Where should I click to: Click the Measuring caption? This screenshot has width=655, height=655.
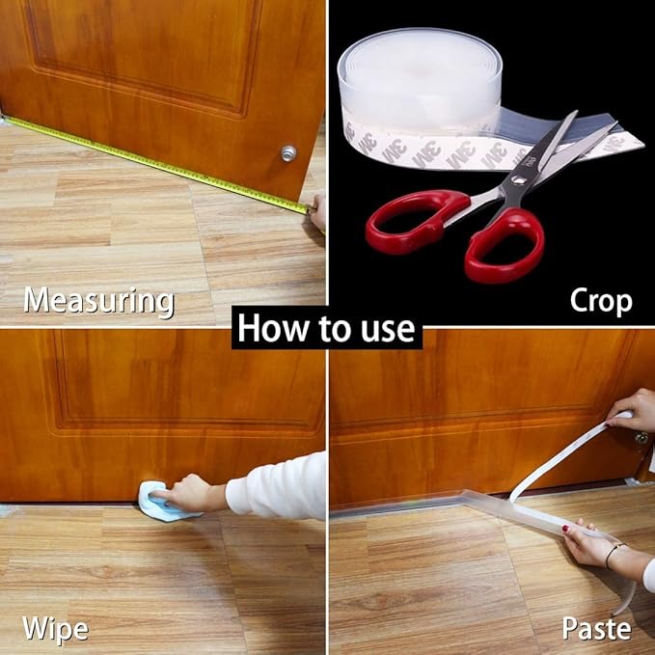[x=98, y=300]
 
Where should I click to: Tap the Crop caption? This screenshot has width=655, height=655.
[x=600, y=300]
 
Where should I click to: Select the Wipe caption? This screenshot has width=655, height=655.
[x=55, y=630]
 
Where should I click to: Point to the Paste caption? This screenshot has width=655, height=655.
[x=596, y=630]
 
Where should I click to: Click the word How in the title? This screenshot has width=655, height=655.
[x=269, y=329]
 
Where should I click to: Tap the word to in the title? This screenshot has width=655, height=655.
[x=329, y=330]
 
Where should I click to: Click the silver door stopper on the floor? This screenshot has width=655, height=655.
[x=287, y=153]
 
